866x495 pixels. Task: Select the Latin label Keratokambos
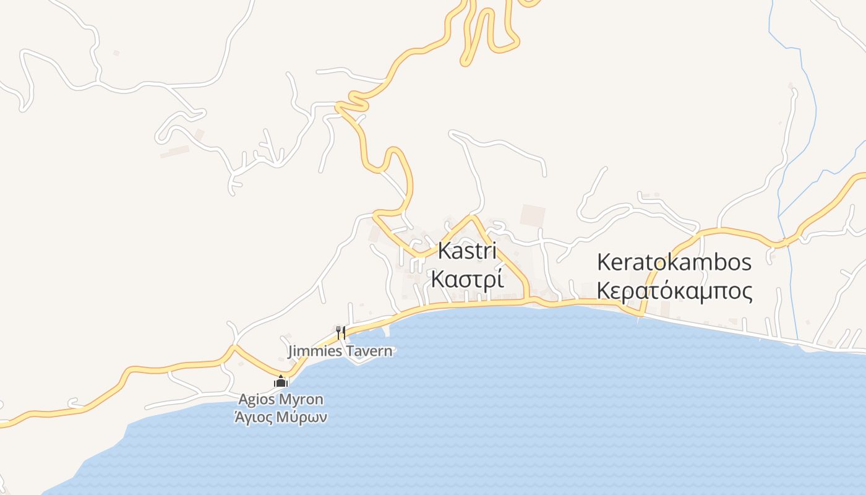674,262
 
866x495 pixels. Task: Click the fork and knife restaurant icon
340,332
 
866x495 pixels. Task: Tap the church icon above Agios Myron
281,382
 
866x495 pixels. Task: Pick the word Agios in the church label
259,400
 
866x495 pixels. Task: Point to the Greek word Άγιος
257,417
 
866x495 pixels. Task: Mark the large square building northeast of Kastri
532,215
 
